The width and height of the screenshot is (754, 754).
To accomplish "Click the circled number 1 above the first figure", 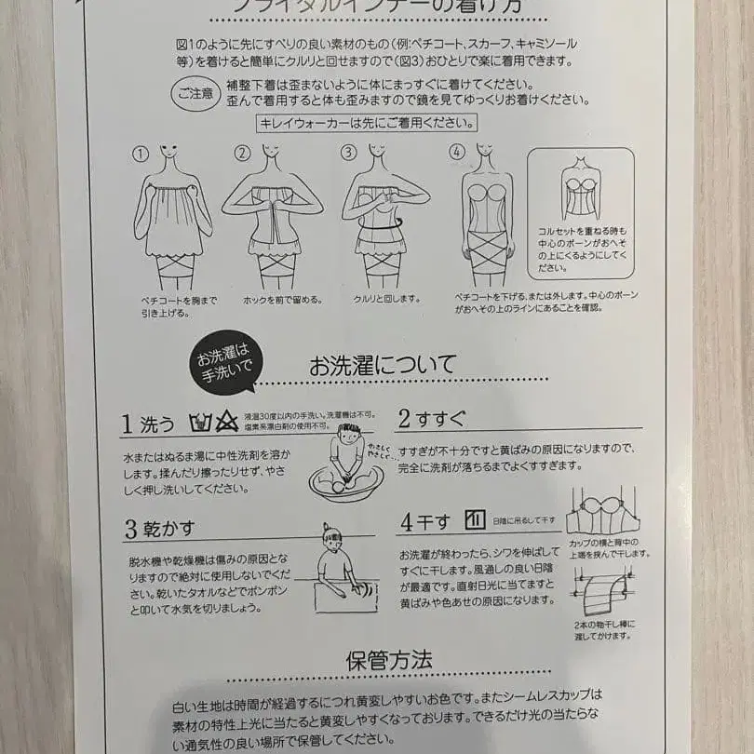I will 141,153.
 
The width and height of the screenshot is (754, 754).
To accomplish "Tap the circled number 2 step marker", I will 243,153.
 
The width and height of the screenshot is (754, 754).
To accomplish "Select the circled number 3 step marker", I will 348,153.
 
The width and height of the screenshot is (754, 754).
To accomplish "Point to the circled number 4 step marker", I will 456,153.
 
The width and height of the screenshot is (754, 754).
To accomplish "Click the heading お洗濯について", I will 383,365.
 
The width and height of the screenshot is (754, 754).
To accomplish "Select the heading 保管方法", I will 388,660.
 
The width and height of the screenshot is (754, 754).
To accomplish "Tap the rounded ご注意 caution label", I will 193,93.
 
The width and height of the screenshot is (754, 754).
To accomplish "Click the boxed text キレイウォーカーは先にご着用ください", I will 367,123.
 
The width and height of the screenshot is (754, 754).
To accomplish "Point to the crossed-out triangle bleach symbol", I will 224,424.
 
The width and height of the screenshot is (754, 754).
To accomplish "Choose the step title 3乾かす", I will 159,529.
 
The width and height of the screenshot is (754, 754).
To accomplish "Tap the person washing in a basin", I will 346,463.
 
